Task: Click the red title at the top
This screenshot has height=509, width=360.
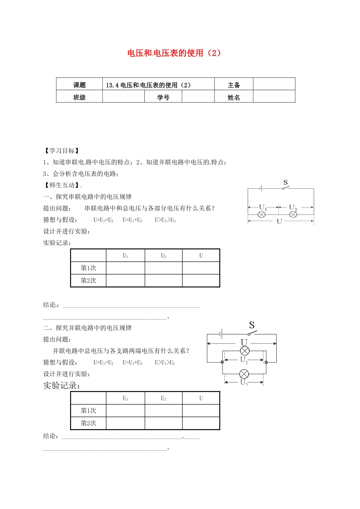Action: coord(174,53)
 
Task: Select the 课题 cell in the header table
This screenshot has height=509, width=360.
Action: coord(80,85)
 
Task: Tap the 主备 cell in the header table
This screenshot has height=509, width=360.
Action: coord(234,85)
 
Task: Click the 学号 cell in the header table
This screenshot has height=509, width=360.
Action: coord(163,97)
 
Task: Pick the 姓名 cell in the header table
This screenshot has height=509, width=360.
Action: coord(234,97)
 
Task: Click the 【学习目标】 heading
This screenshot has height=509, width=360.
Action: coord(62,151)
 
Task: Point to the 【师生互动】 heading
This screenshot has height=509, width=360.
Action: coord(62,185)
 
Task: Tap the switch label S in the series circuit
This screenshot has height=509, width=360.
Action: coord(286,183)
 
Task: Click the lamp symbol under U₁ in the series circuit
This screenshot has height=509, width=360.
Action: coord(261,215)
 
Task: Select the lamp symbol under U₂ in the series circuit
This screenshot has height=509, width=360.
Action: coord(293,215)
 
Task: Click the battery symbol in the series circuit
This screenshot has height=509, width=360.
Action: coord(261,188)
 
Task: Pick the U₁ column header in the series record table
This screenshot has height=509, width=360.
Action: coord(125,256)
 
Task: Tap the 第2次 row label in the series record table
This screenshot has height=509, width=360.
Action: coord(88,281)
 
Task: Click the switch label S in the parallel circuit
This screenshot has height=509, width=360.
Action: coord(252,325)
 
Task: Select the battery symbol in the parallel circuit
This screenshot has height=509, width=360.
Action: coord(221,334)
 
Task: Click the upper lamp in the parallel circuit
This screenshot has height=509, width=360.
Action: coord(245,351)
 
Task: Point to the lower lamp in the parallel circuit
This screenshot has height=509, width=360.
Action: coord(244,374)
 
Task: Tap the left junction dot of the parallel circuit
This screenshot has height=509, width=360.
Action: coord(222,362)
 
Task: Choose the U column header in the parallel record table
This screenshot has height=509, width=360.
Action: coord(201,398)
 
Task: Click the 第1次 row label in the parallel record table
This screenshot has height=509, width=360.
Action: coord(88,411)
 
